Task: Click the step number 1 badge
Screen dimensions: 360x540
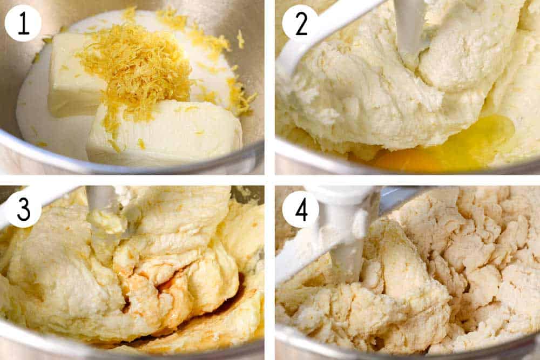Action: point(23,23)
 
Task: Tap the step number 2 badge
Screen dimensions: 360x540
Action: point(300,23)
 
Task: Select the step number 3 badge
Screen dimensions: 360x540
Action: point(23,209)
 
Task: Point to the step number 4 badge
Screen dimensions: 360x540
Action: point(300,209)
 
